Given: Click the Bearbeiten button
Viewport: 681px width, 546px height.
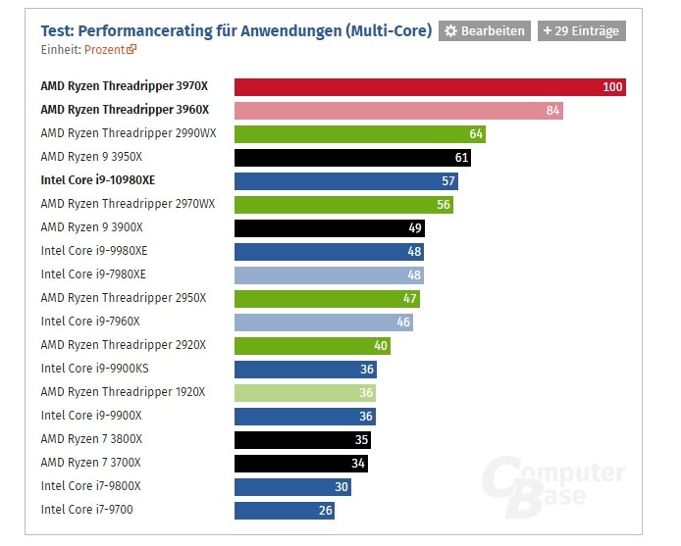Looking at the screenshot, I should (x=484, y=31).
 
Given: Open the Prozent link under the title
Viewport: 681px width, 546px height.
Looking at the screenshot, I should (x=110, y=48).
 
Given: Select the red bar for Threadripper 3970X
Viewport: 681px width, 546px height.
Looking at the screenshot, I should (x=430, y=87).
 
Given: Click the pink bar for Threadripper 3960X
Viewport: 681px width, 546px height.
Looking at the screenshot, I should (x=398, y=111).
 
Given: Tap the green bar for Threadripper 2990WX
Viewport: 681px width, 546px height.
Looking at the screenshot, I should (x=360, y=134).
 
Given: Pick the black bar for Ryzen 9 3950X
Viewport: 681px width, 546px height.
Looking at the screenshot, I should (x=353, y=158).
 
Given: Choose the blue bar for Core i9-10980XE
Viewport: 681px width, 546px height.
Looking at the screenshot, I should (x=346, y=181).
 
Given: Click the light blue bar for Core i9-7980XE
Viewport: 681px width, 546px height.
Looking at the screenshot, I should (x=329, y=274).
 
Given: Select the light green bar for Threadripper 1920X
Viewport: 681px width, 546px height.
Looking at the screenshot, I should (x=306, y=392).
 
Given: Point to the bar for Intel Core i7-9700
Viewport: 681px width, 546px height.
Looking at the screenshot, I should (x=285, y=510).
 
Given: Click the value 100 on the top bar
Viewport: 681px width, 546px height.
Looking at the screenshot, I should (x=612, y=87).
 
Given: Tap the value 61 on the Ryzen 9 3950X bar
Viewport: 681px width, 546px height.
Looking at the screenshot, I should (x=461, y=158).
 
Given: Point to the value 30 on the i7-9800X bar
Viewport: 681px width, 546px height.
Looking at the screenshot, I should (x=340, y=486).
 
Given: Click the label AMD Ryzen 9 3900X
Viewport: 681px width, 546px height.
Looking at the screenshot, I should (x=91, y=227).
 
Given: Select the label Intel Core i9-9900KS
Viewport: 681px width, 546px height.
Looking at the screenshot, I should (x=94, y=369).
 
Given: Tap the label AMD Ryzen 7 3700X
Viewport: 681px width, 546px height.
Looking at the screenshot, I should (x=91, y=463).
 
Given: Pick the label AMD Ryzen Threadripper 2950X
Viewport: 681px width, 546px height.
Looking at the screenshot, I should (x=123, y=298).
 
